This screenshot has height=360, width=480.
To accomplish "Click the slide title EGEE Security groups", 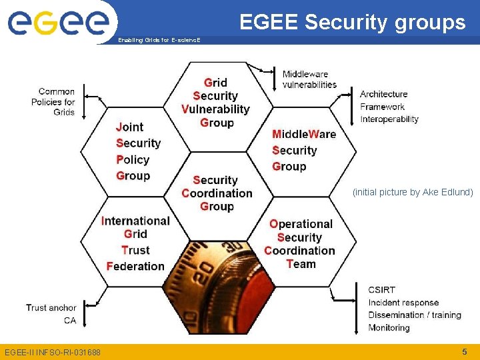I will click(352, 23).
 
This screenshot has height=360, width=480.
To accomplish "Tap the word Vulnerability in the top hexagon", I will click(215, 109).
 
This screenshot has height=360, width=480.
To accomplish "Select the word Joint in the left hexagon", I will click(130, 127).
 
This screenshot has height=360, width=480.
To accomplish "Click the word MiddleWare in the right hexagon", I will click(304, 134).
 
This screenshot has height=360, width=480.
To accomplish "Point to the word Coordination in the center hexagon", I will click(217, 193).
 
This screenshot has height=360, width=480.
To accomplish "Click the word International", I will click(135, 221).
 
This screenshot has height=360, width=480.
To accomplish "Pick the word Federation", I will click(135, 266).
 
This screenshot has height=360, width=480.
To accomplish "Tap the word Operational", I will click(301, 224).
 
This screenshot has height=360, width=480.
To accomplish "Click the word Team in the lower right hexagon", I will click(301, 264).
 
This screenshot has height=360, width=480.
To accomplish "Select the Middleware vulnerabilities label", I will click(309, 79).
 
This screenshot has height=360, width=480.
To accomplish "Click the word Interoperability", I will click(389, 119).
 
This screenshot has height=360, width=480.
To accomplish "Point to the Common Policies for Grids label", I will click(53, 101).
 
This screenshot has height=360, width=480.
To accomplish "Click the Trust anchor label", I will click(51, 307).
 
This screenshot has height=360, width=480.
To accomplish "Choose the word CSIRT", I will click(381, 290).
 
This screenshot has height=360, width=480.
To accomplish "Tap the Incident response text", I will click(403, 303).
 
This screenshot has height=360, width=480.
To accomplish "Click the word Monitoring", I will click(389, 327).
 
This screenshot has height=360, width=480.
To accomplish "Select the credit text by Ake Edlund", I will click(413, 192).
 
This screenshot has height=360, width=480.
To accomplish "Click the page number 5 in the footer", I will click(464, 351).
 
